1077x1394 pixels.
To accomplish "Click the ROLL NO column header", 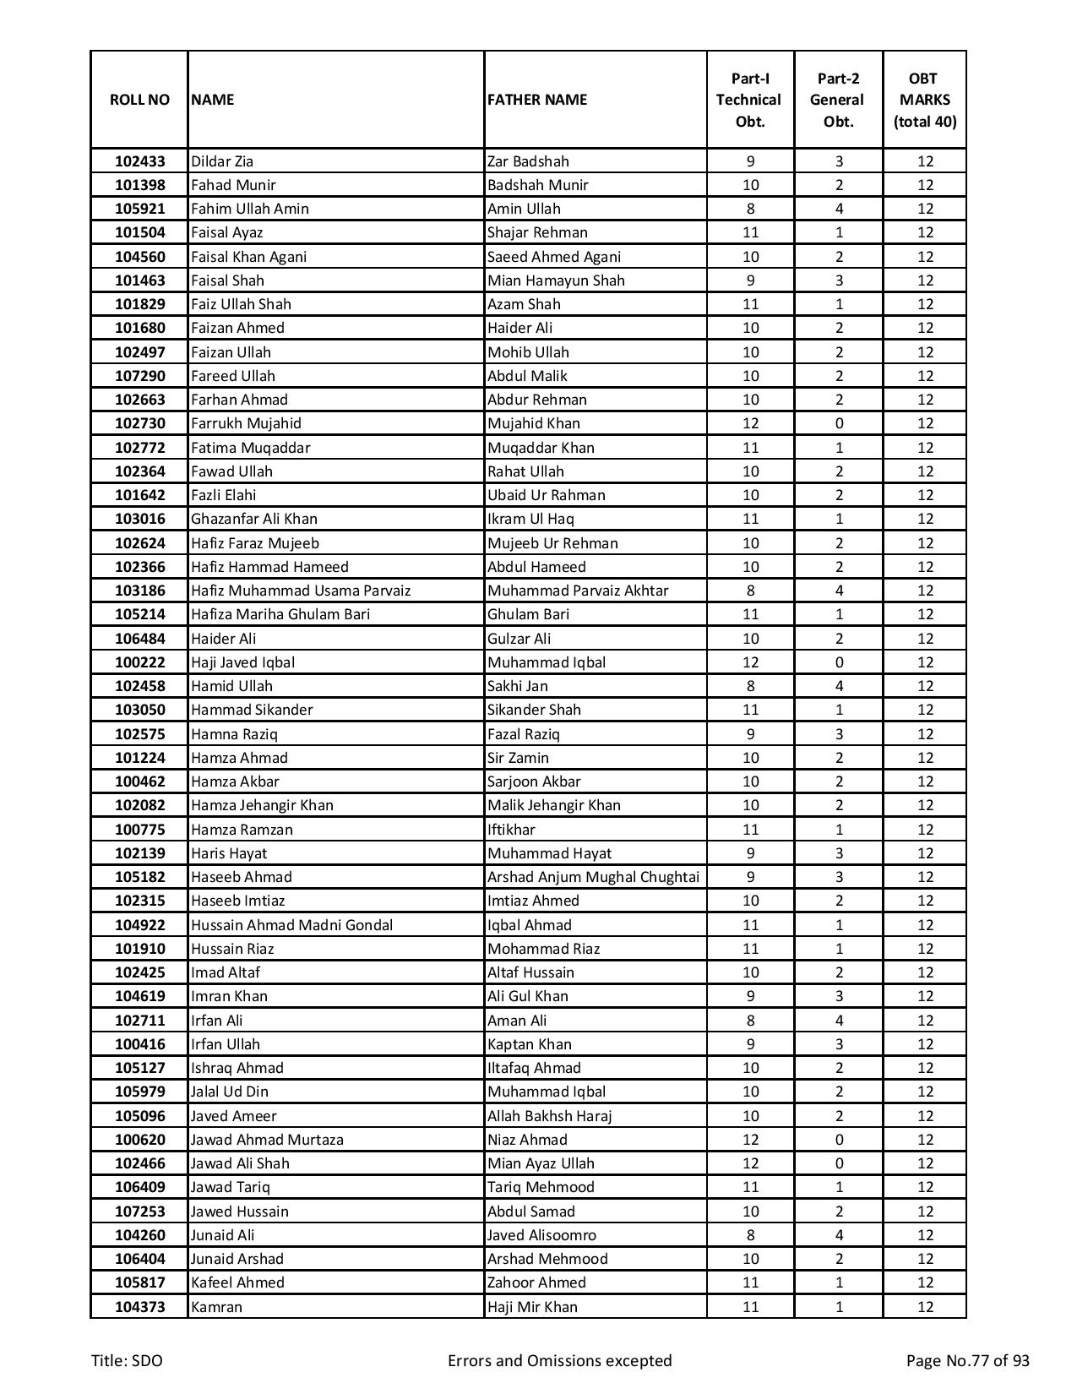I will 139,100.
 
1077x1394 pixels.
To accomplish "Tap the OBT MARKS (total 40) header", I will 924,100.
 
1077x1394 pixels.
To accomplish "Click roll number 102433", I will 139,161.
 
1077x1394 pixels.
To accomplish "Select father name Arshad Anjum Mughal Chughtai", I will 593,877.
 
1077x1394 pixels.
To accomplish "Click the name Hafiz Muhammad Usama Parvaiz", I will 300,591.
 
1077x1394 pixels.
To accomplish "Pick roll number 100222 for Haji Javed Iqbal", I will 139,662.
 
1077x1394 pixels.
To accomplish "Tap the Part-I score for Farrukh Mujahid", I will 750,423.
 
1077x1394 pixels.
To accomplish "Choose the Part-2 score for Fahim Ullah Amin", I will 838,209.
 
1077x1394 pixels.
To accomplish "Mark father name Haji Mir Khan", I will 532,1307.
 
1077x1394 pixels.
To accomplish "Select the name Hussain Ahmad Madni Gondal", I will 291,925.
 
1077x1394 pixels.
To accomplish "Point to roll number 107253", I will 139,1212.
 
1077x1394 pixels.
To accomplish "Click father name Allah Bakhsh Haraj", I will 549,1116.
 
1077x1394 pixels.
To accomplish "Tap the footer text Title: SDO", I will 127,1361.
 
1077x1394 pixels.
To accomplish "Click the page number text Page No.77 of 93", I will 967,1361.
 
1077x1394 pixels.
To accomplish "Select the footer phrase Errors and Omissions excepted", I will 559,1361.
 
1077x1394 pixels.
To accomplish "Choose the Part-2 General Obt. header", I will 838,100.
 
